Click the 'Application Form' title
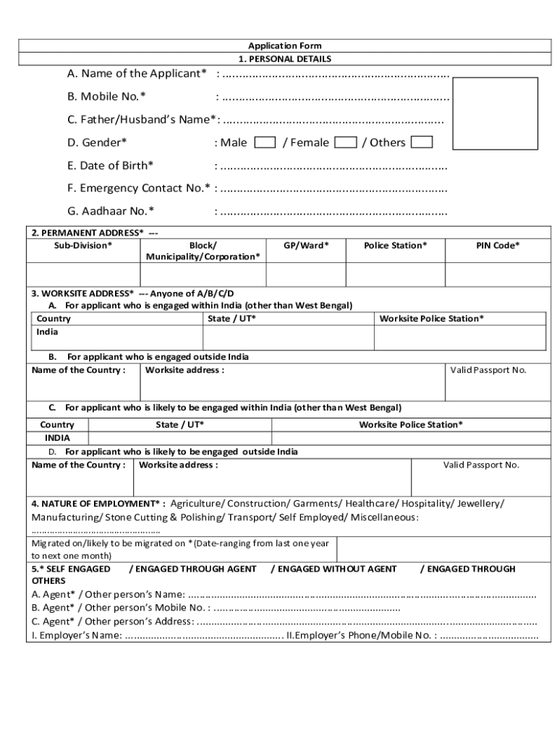pyautogui.click(x=285, y=46)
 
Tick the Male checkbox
pyautogui.click(x=265, y=142)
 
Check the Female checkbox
pyautogui.click(x=346, y=142)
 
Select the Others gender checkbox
pyautogui.click(x=422, y=142)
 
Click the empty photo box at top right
pyautogui.click(x=499, y=113)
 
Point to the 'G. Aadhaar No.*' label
pyautogui.click(x=111, y=211)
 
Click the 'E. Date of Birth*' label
pyautogui.click(x=110, y=165)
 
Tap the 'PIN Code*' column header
pyautogui.click(x=497, y=246)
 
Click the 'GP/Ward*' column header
pyautogui.click(x=305, y=246)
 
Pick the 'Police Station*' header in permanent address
pyautogui.click(x=395, y=246)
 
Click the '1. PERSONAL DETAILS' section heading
pyautogui.click(x=285, y=59)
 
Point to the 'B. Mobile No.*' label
pyautogui.click(x=106, y=97)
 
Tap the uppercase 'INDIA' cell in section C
pyautogui.click(x=57, y=438)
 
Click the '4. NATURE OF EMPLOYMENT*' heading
pyautogui.click(x=98, y=503)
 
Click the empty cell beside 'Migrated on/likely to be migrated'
pyautogui.click(x=441, y=549)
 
